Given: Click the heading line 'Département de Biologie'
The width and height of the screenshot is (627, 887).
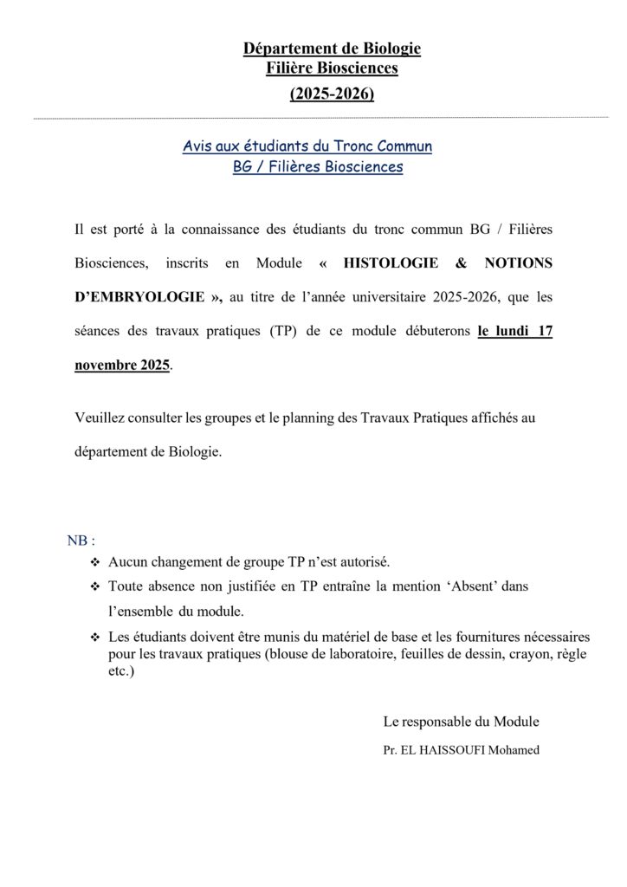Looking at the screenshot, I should (332, 49).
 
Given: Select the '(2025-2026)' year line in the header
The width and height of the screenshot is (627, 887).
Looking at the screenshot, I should (332, 93).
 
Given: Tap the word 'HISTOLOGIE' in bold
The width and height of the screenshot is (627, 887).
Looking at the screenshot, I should (391, 262).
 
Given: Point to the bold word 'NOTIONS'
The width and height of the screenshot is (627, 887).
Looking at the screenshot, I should (517, 262).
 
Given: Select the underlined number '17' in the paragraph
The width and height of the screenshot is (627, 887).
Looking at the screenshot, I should (544, 330).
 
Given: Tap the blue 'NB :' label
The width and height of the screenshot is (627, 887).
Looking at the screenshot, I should (81, 540).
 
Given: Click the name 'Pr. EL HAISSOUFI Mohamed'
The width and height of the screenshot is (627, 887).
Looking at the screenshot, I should (461, 750).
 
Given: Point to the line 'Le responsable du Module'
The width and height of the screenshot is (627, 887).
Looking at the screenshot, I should (461, 721).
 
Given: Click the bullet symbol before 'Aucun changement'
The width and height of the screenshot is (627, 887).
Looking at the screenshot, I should (95, 562).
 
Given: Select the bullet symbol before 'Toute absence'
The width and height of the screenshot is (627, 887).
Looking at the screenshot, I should (95, 586).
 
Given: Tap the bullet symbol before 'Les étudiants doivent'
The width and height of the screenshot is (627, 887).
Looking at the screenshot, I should (95, 638).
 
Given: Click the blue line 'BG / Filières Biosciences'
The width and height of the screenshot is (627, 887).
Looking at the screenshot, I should (318, 167).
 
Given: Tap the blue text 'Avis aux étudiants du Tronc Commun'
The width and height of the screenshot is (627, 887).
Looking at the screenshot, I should (307, 146).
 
